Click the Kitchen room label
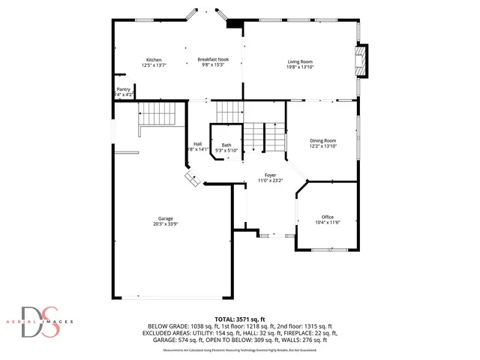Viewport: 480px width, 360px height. pos(154,60)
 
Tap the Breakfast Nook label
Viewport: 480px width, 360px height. pos(214,59)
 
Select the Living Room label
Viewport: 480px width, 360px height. pos(300,61)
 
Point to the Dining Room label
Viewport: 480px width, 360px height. pos(323,140)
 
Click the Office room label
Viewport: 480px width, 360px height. pos(327,217)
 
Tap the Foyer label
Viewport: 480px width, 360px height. pos(270,175)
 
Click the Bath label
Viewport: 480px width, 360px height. pos(226,145)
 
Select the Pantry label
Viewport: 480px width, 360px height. pos(123,89)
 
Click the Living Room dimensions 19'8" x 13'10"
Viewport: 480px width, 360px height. pos(300,67)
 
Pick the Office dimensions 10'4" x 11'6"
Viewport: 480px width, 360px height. pos(327,223)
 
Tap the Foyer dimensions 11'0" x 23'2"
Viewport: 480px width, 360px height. pos(270,181)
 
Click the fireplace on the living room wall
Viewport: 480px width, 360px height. pos(362,61)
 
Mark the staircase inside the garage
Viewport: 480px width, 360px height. pos(158,115)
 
